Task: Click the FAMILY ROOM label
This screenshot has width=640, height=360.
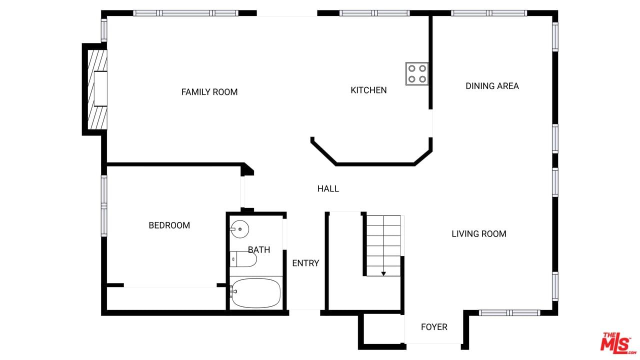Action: (209, 92)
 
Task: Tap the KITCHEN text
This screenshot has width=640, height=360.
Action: (368, 90)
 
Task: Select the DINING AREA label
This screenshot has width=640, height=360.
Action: (492, 86)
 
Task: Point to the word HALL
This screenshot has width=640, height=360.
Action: (328, 188)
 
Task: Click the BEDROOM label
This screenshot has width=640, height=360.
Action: (169, 225)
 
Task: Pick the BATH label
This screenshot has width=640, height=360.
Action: (259, 250)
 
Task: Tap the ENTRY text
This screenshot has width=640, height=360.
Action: (305, 263)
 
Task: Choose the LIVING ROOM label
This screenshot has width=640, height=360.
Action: (479, 234)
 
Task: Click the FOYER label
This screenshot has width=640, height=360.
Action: (434, 327)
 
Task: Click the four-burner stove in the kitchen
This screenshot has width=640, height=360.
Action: (417, 73)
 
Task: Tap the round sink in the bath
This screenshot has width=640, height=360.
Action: (239, 229)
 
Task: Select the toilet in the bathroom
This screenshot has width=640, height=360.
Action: (243, 259)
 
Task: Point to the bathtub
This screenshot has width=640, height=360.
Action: (255, 293)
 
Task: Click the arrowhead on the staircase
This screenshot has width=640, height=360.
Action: (383, 273)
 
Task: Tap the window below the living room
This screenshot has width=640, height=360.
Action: (509, 313)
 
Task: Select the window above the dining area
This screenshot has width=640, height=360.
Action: (489, 13)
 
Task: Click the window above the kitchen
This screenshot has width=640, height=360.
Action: (374, 13)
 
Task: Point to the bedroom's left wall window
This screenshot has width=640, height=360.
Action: (104, 206)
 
